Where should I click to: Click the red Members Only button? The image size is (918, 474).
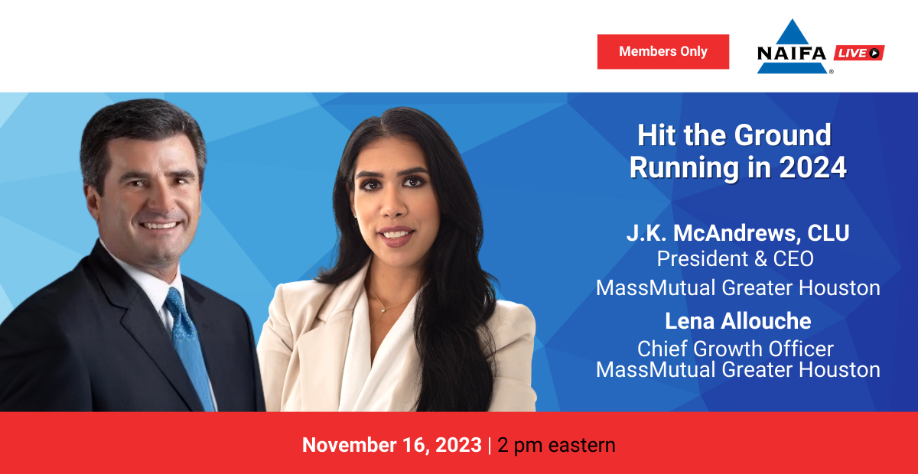[x=663, y=52]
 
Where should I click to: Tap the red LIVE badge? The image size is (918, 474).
[x=859, y=53]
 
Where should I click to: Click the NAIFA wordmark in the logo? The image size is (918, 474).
[x=792, y=54]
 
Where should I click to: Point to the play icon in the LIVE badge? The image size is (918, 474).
[x=874, y=53]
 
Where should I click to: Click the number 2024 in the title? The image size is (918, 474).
[x=813, y=167]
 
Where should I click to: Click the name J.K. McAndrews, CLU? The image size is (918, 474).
[x=737, y=233]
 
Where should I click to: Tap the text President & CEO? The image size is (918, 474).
[x=735, y=259]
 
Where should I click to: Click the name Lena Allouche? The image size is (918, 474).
[x=737, y=321]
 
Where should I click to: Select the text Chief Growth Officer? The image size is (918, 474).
[x=735, y=349]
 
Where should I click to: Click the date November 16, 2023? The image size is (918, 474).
[x=392, y=445]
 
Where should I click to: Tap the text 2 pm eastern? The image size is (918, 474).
[x=556, y=445]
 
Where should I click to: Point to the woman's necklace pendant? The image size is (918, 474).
[x=382, y=310]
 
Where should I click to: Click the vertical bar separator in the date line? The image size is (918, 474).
[x=490, y=445]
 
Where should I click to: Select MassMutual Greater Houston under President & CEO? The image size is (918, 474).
[x=737, y=287]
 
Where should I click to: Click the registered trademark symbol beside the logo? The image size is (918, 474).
[x=831, y=72]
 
